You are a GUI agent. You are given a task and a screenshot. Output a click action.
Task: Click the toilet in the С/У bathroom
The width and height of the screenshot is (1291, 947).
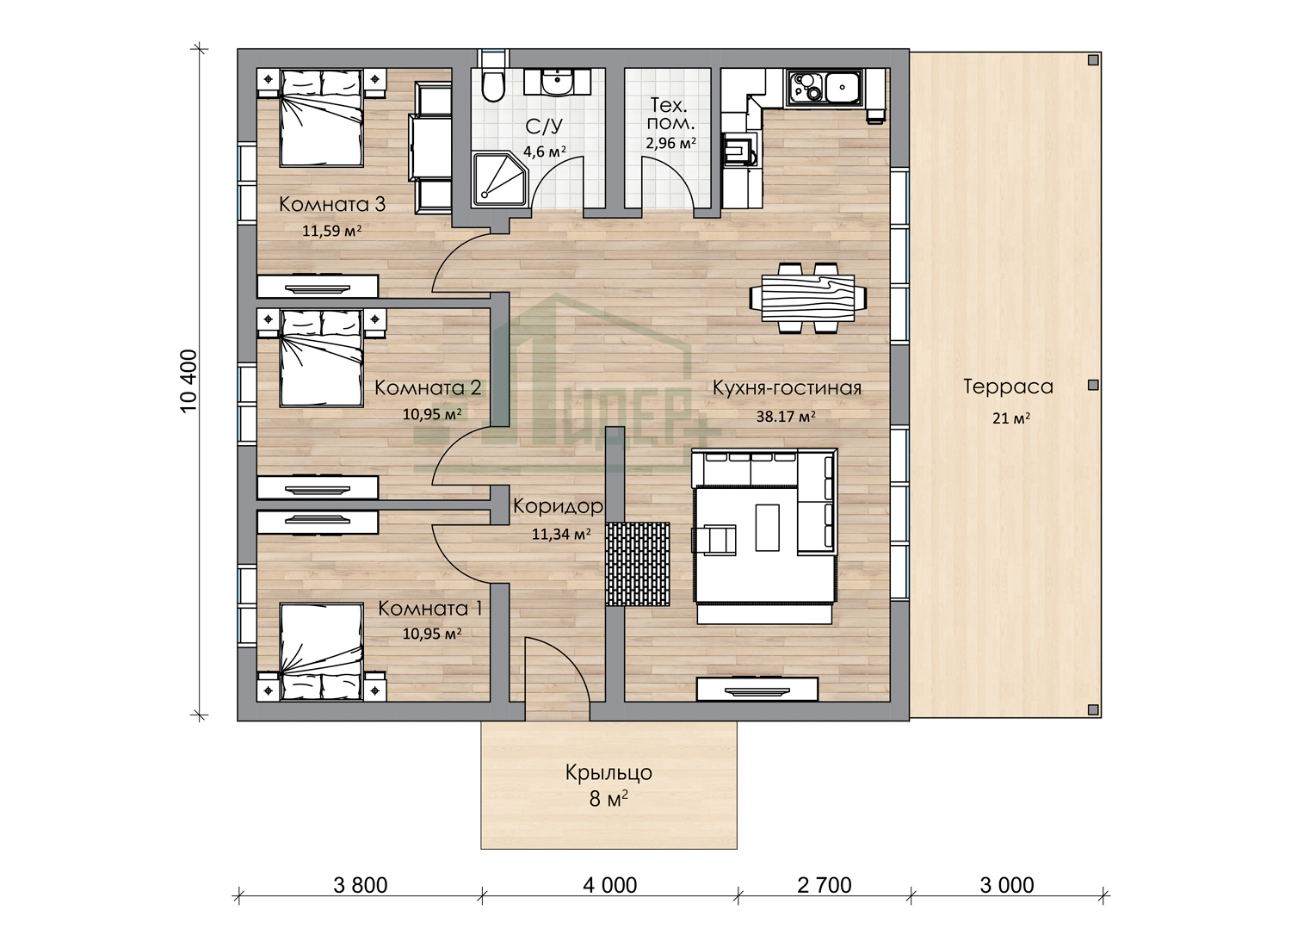[493, 85]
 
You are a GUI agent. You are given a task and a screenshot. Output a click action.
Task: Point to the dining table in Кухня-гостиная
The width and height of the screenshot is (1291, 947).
[808, 297]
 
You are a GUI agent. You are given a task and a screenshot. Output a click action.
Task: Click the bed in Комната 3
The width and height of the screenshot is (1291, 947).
[321, 118]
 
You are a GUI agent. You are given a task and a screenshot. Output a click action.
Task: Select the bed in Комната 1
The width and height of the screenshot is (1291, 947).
[321, 652]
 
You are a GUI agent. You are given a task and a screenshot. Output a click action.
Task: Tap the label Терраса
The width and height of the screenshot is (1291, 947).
[1008, 387]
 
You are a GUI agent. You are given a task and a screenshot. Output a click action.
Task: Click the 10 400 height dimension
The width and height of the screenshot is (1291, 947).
[189, 381]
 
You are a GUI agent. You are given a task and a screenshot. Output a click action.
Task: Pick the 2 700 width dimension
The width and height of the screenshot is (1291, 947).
[825, 885]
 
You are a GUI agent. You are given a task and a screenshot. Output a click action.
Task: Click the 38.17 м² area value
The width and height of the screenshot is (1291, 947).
[786, 416]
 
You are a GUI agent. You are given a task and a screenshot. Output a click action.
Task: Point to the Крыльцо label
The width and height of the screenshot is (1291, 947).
[608, 772]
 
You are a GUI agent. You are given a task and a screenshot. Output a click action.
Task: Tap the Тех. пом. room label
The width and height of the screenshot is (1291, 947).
[670, 114]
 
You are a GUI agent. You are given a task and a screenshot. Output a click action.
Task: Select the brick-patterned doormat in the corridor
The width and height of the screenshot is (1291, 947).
[638, 564]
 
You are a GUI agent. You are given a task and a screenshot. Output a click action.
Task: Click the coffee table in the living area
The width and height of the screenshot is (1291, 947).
[767, 528]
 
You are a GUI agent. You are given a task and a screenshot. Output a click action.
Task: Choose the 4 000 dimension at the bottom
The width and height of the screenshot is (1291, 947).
[609, 885]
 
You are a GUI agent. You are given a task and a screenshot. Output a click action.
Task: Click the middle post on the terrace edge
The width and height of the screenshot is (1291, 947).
[1093, 385]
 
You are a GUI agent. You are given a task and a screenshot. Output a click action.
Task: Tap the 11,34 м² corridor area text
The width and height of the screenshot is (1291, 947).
[561, 534]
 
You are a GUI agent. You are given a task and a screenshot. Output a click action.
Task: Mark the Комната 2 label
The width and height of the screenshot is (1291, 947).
[428, 387]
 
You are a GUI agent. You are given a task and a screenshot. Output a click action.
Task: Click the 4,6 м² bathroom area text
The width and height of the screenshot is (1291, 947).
[544, 152]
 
